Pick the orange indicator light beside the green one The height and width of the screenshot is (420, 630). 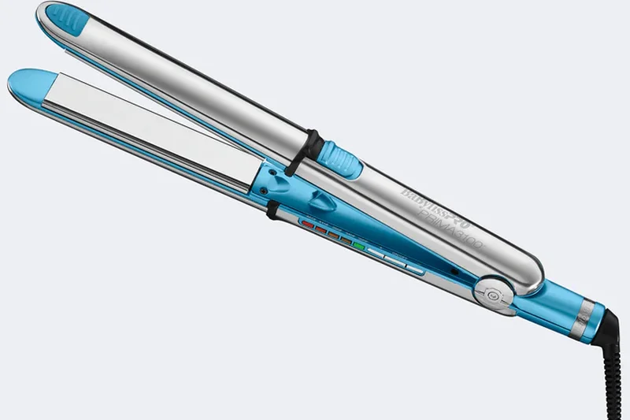pos(345,241)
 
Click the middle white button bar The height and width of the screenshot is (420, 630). pos(395,263)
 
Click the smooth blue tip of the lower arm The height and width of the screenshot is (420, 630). pos(31,80)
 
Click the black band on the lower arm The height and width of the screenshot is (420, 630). pos(272,210)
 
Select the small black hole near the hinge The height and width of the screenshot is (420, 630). pos(454,273)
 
